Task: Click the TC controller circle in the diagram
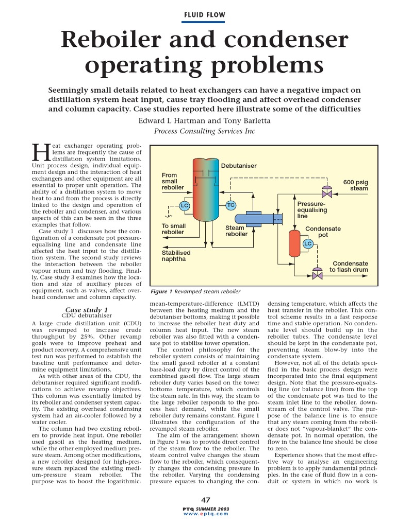click(x=230, y=205)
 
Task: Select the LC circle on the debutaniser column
click(x=184, y=206)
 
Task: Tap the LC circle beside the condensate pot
click(x=308, y=243)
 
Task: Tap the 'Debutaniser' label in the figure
click(x=239, y=166)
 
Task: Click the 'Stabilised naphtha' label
click(x=176, y=256)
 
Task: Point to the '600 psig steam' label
click(x=356, y=185)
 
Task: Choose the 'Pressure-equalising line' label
click(x=312, y=210)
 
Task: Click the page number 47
click(x=205, y=500)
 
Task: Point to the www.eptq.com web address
click(x=205, y=514)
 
